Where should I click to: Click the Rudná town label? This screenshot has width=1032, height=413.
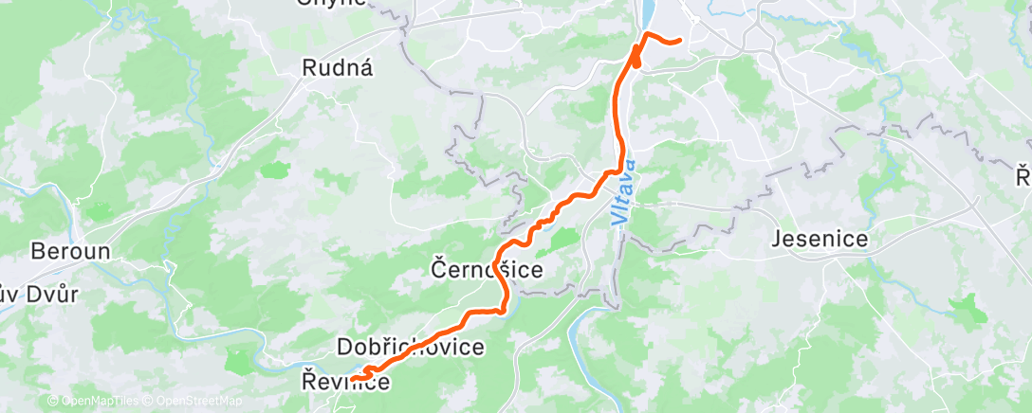point(338,68)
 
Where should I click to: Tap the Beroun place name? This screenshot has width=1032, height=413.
point(71,252)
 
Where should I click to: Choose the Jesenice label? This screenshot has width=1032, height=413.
point(820,239)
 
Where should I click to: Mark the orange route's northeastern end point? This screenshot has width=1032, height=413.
point(680,41)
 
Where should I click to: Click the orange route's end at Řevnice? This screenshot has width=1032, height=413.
point(353,379)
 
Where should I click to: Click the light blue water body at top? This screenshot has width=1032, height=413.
point(649,14)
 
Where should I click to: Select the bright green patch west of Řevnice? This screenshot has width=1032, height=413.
point(241,361)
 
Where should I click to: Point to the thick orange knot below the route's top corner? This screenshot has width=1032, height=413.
point(634,56)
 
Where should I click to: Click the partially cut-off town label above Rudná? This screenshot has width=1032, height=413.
point(330,3)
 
